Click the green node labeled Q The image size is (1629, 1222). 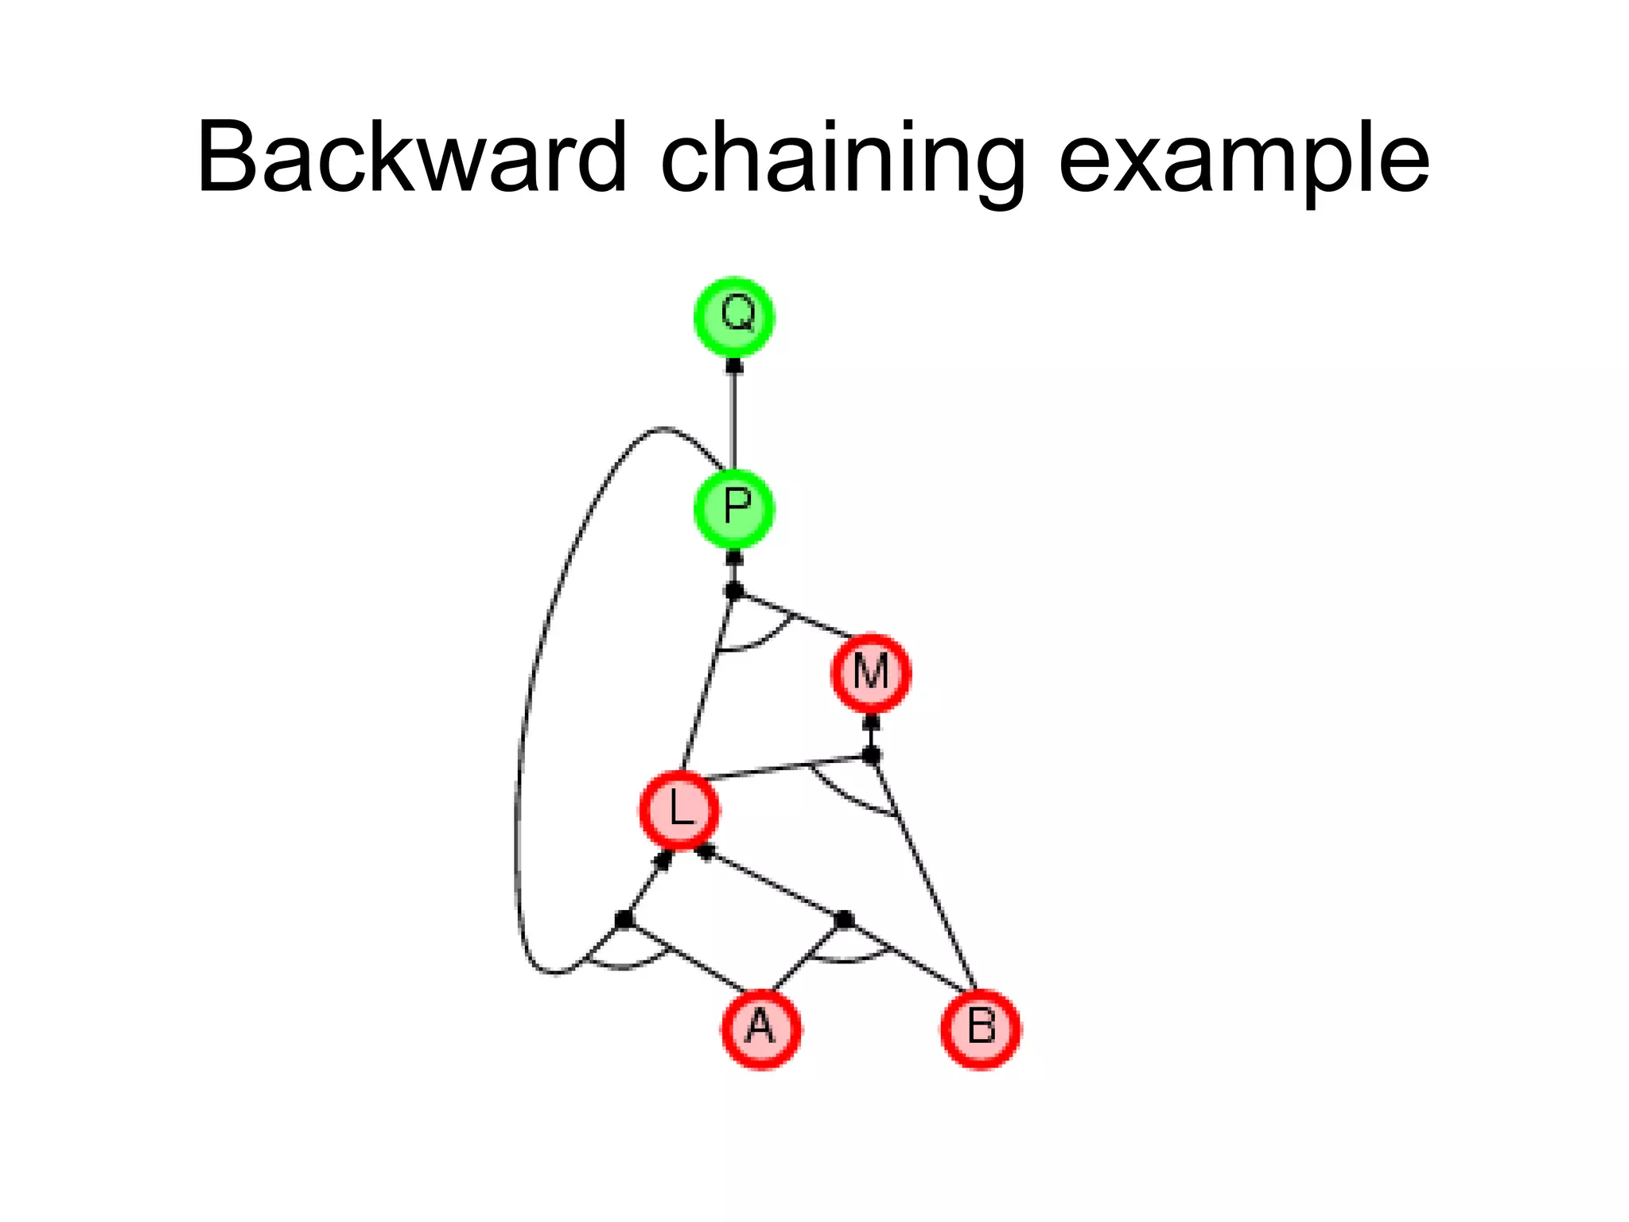click(x=734, y=317)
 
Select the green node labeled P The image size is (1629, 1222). click(x=734, y=508)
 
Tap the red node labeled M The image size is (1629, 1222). click(x=871, y=673)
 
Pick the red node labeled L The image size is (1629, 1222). click(x=679, y=810)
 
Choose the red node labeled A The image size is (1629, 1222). click(x=761, y=1029)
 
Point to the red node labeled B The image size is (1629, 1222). click(x=981, y=1029)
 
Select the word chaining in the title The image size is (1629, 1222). click(x=842, y=159)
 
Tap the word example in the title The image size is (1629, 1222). click(x=1244, y=159)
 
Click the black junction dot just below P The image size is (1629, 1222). click(x=734, y=590)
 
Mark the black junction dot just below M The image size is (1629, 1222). click(x=872, y=754)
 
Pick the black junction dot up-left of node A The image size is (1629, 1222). click(x=624, y=920)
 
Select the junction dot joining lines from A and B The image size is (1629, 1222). click(x=845, y=920)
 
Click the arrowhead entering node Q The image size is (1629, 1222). click(x=734, y=366)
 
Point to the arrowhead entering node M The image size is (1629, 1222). click(x=872, y=722)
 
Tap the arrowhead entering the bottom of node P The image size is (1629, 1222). click(x=734, y=557)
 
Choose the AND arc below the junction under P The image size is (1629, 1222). click(x=752, y=645)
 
